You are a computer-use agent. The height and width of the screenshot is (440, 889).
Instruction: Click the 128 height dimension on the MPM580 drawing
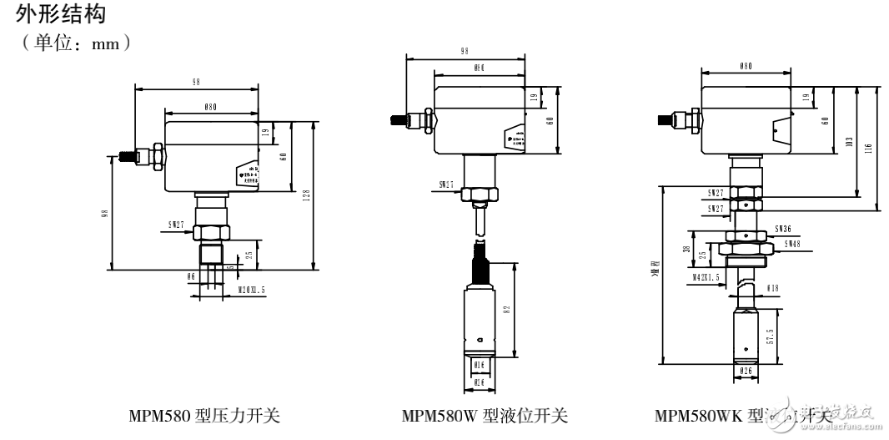pyautogui.click(x=307, y=196)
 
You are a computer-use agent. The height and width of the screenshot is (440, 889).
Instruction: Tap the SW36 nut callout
pyautogui.click(x=782, y=228)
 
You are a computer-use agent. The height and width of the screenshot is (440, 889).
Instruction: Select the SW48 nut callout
pyautogui.click(x=792, y=244)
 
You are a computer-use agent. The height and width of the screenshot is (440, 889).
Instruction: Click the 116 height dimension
pyautogui.click(x=869, y=147)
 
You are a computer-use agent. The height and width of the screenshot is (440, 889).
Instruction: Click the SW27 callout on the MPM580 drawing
pyautogui.click(x=177, y=225)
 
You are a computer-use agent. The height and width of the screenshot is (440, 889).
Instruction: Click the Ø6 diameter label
pyautogui.click(x=191, y=276)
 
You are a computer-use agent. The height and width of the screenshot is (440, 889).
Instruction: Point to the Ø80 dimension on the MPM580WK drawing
pyautogui.click(x=745, y=66)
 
